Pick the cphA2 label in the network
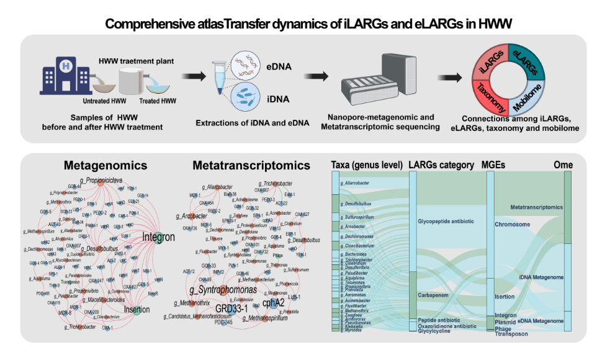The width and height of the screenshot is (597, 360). point(274,303)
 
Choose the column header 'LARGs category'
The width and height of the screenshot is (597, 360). point(442,166)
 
